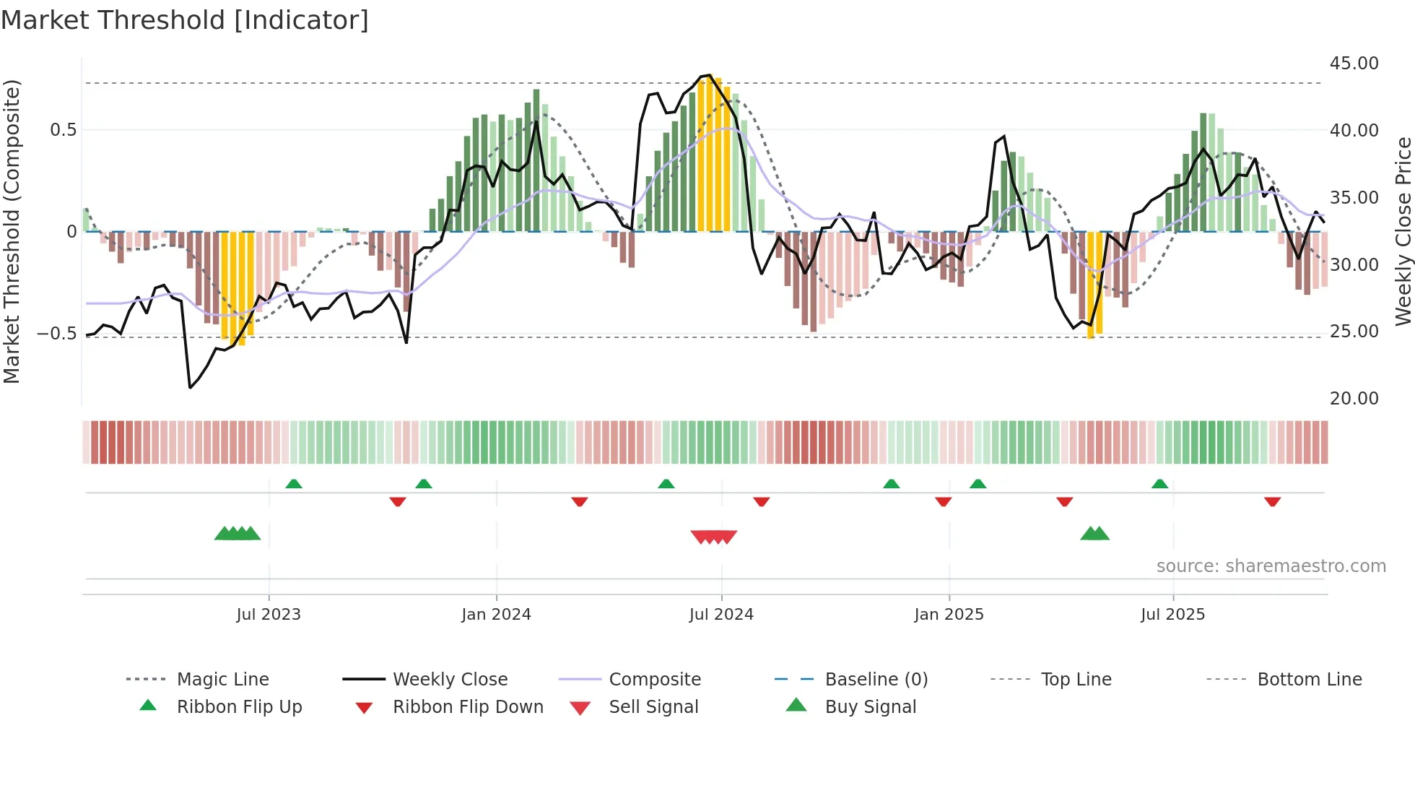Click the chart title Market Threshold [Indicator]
[x=185, y=20]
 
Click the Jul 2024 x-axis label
[x=721, y=615]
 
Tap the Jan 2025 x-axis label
[x=949, y=615]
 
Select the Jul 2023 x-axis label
[x=269, y=615]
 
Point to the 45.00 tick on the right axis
[x=1354, y=64]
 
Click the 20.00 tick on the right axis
[x=1354, y=399]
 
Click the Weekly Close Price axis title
[x=1403, y=231]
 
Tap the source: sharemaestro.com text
[x=1271, y=566]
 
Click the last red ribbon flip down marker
[x=1272, y=501]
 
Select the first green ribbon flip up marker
[x=294, y=484]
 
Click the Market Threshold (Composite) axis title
[x=12, y=231]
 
